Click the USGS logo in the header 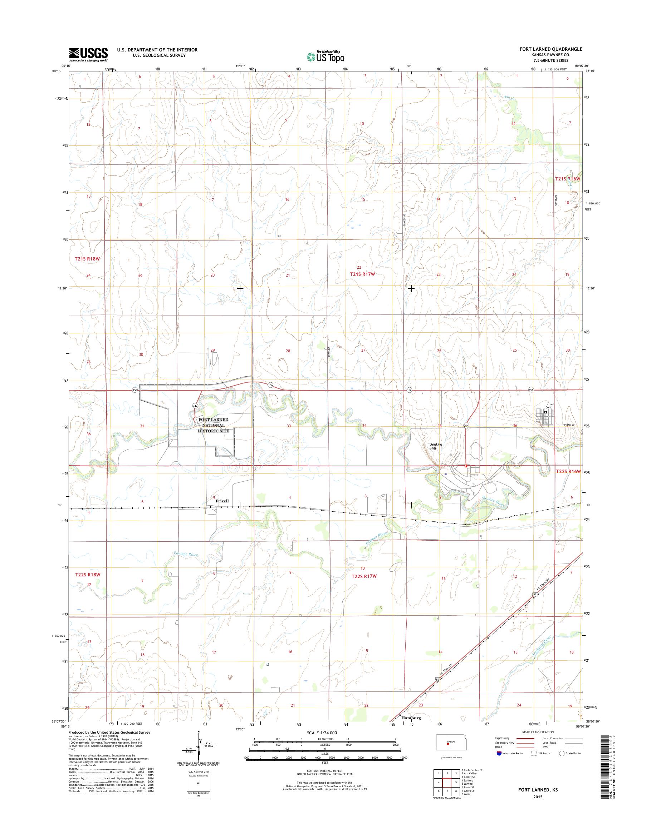coord(88,54)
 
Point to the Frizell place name coord(222,501)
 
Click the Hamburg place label coord(411,718)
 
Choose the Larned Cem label coord(549,406)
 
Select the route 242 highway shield coord(195,406)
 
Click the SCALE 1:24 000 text coord(322,733)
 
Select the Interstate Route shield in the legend coord(499,753)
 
